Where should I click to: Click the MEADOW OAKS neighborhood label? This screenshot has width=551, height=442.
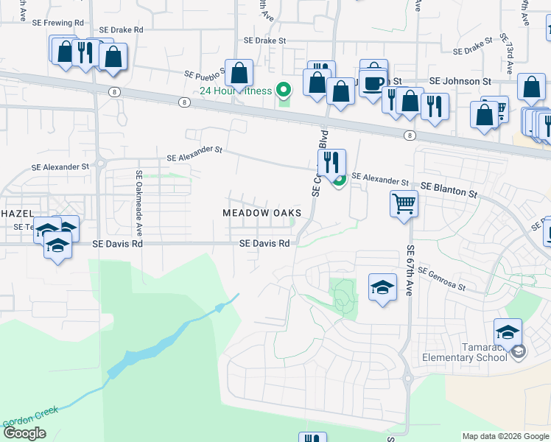point(262,213)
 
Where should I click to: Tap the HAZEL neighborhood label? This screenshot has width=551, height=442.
point(16,213)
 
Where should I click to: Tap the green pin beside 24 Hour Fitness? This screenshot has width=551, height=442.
point(284,91)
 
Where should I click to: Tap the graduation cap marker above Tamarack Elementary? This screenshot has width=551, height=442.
point(508,331)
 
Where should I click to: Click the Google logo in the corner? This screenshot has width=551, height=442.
point(24,433)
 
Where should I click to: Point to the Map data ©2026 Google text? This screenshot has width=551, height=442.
point(505,436)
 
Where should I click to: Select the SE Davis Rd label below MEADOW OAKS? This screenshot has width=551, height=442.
point(264,244)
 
